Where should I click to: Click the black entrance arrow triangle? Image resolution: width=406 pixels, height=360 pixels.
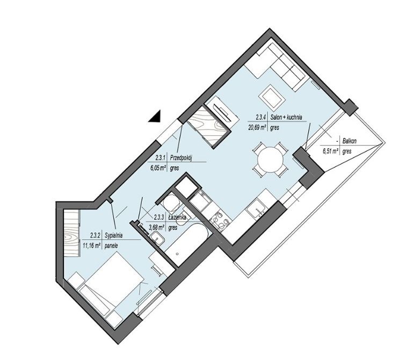coord(156,117)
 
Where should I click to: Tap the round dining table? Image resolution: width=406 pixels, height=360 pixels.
coord(270,160)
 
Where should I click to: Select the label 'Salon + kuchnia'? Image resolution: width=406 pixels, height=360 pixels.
coord(286,117)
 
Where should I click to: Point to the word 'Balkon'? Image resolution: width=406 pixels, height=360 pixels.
coord(349,141)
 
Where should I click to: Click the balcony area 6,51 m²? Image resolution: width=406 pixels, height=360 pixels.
coord(331,152)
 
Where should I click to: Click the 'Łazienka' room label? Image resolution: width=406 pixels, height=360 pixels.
coord(177,218)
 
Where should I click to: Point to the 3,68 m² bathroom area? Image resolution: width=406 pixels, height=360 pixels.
coord(157,228)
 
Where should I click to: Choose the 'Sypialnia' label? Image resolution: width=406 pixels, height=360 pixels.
coord(114,236)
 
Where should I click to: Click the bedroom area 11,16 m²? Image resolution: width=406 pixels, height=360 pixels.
coord(91,246)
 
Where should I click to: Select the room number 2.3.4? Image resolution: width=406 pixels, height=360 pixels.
coord(261,117)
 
